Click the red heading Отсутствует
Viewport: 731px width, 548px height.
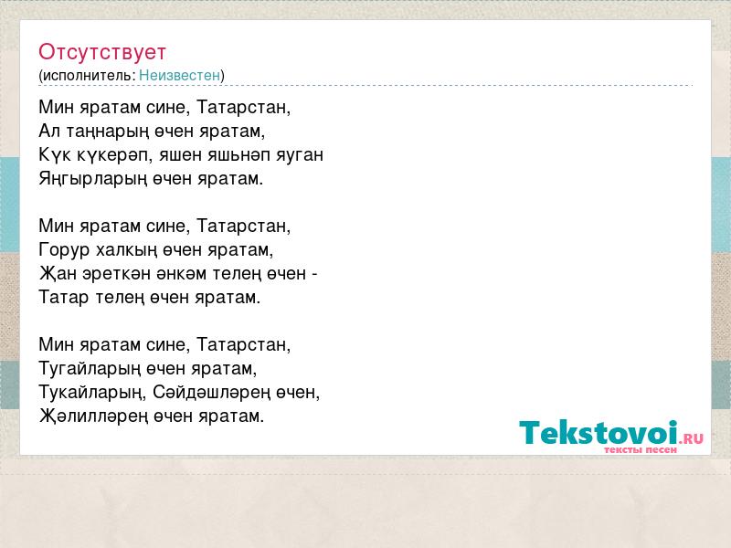click(x=102, y=52)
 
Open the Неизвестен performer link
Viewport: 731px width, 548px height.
click(x=179, y=75)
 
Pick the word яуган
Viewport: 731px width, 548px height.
click(x=300, y=155)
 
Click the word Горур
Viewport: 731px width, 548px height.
click(x=64, y=250)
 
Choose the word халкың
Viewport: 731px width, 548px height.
click(x=126, y=250)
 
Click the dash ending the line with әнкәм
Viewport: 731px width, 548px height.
click(x=314, y=275)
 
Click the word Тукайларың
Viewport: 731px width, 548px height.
click(x=92, y=394)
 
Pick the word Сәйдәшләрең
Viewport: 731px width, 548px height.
click(x=212, y=394)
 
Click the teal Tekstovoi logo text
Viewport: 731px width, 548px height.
click(x=599, y=433)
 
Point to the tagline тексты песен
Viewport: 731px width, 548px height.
click(x=641, y=450)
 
